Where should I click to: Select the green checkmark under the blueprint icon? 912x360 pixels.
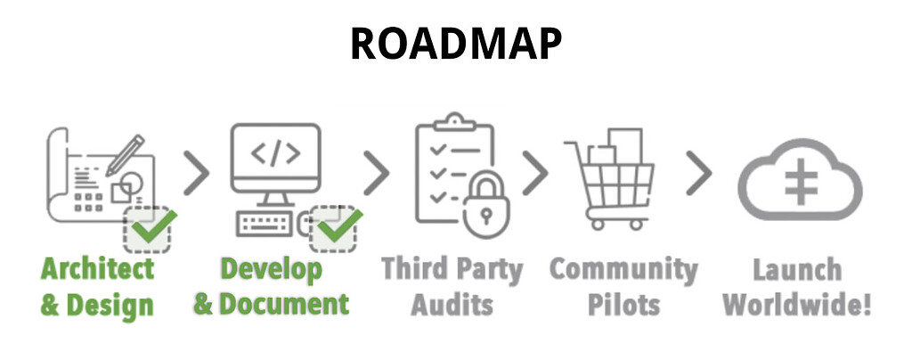(x=151, y=229)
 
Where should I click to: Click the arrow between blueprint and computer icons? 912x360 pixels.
(x=198, y=172)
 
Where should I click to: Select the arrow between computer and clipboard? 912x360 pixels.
(x=377, y=172)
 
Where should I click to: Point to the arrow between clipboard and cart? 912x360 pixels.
(x=534, y=172)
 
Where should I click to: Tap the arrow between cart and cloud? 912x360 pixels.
(x=700, y=172)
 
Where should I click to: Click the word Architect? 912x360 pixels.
(x=98, y=268)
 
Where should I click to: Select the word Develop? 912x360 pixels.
(x=272, y=268)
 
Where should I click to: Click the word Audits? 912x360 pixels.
(x=452, y=304)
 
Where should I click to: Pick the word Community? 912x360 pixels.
(x=623, y=268)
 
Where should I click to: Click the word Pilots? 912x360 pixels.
(x=623, y=304)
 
